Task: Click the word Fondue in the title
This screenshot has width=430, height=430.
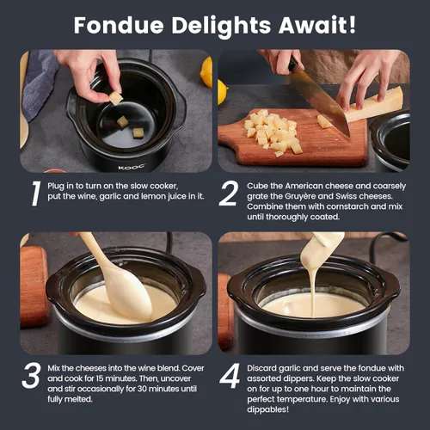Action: [x=119, y=26]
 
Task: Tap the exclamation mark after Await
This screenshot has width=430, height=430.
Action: [x=353, y=25]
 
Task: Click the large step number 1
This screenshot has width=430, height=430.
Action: [x=35, y=193]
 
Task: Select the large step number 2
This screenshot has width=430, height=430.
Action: [x=229, y=193]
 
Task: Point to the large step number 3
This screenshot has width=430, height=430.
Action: [x=31, y=376]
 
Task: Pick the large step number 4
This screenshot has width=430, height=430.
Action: [x=230, y=376]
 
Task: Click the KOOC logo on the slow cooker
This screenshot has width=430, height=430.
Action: [x=132, y=167]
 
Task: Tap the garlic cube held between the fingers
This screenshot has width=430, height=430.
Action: [x=116, y=98]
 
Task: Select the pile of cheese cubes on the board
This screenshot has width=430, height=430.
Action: [x=273, y=132]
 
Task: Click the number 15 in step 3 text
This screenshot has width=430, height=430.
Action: [x=100, y=378]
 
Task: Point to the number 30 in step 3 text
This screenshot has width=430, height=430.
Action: [x=142, y=389]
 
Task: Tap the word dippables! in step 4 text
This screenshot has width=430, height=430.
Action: [x=268, y=409]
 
